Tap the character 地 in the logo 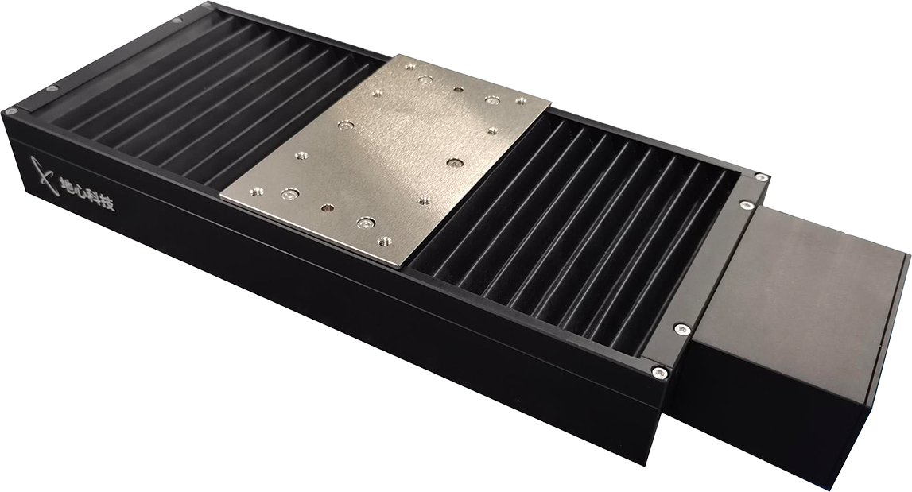[x=66, y=185]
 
